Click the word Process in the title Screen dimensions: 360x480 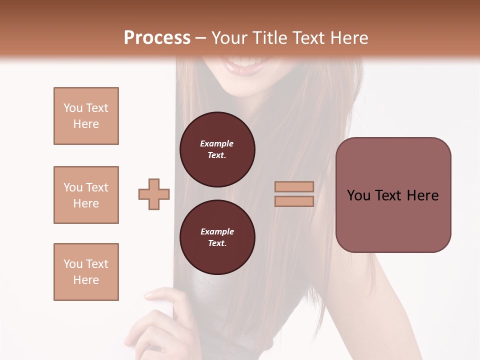157,38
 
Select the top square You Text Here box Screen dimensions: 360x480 86,116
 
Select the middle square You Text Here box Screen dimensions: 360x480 86,195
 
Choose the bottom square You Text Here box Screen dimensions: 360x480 86,272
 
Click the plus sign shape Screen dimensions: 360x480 154,194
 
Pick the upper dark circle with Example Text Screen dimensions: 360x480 217,149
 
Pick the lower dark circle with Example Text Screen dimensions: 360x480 217,237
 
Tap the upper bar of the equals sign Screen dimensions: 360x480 294,187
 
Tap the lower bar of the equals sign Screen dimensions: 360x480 294,201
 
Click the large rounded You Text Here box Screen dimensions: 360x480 393,195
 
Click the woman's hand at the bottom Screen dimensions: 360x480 165,320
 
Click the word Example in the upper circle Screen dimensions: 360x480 217,143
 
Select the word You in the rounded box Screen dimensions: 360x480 359,195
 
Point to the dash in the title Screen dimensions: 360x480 200,38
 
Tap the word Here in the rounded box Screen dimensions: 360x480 422,195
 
